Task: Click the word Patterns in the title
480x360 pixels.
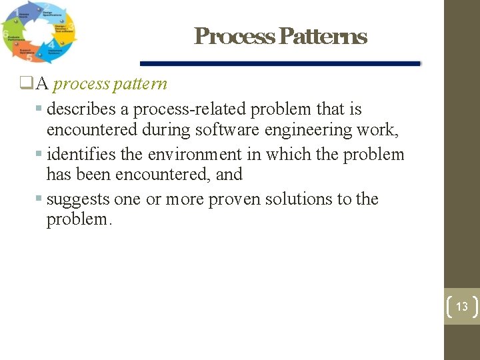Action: (323, 36)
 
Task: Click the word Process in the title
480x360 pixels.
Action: (233, 36)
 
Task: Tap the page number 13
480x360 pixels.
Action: (462, 307)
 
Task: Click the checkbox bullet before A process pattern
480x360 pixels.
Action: (26, 84)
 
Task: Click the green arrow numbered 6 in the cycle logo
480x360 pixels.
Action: (12, 35)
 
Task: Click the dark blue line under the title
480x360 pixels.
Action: (280, 64)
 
